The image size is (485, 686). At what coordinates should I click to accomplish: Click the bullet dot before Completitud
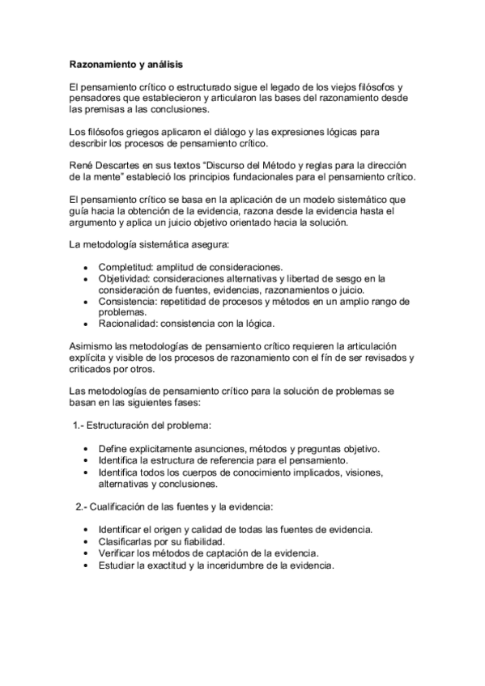[87, 267]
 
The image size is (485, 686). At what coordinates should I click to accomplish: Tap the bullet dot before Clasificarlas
[87, 541]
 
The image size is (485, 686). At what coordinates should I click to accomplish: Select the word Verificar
[118, 553]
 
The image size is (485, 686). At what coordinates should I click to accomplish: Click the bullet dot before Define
[87, 449]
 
